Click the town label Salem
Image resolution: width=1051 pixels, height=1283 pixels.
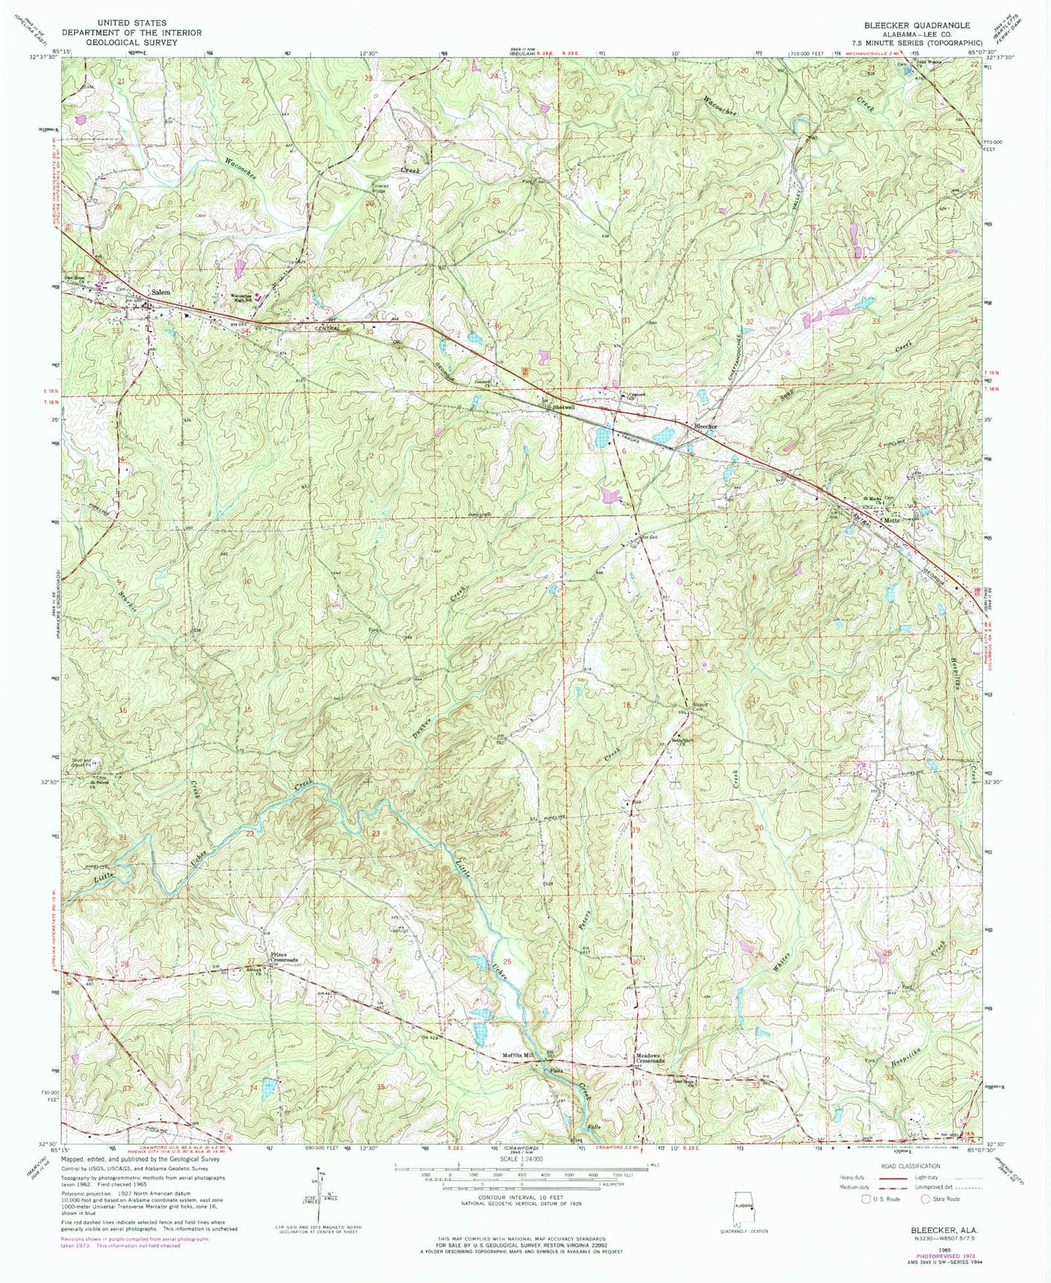pos(160,292)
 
